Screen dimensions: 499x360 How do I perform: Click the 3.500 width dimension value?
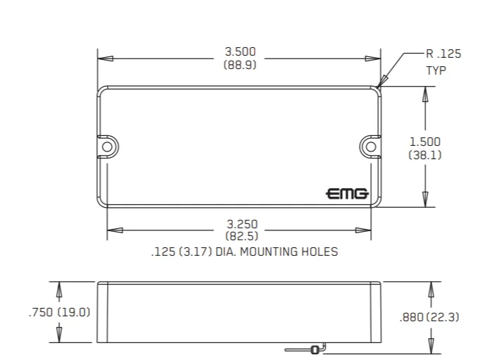coord(240,51)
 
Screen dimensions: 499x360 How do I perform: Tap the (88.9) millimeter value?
coord(240,65)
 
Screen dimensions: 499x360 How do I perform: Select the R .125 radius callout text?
coord(443,54)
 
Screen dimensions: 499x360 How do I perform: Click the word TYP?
coord(436,70)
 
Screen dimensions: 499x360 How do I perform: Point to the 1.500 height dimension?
coord(425,142)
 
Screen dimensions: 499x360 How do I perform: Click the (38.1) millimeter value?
coord(425,155)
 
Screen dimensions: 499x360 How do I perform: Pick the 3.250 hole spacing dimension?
coord(242,224)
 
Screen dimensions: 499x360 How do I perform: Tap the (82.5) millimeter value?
coord(242,237)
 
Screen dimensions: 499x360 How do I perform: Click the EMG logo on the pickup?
coord(347,194)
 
